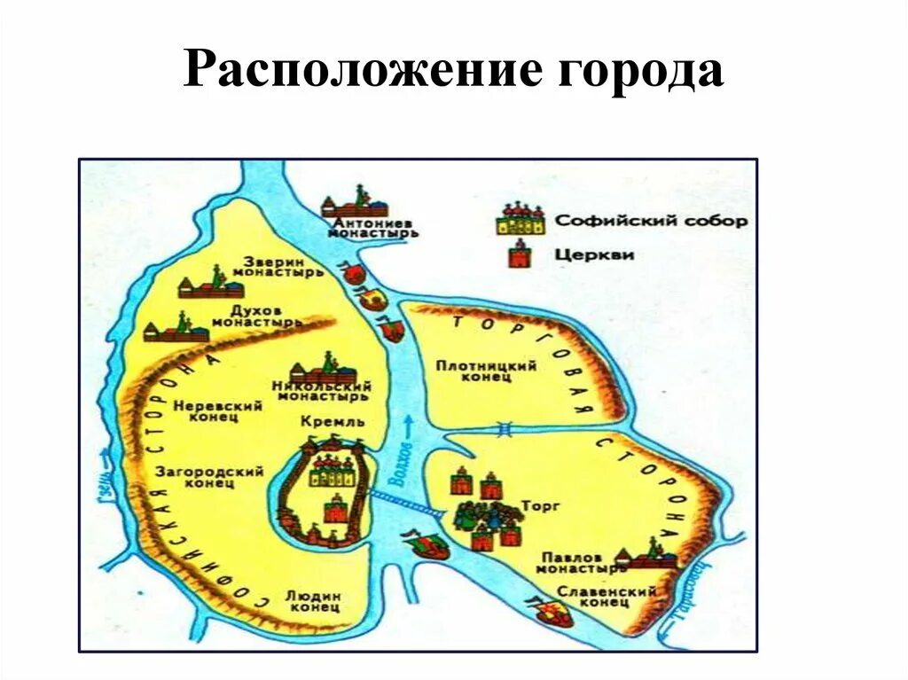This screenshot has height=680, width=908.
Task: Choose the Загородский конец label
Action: [x=209, y=477]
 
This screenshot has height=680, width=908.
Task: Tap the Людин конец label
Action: [x=313, y=602]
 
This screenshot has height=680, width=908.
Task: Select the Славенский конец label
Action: [x=607, y=596]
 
